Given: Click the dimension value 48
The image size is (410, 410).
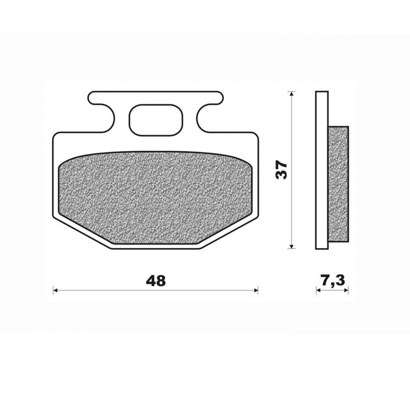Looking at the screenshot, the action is point(155,281).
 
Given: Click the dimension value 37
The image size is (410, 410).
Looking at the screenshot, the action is point(281,170).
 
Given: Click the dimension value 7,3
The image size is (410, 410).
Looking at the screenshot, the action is point(333,281).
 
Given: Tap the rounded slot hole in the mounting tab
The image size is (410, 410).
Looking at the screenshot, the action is point(156,120).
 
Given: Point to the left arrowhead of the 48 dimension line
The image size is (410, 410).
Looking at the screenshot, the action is point(55,290).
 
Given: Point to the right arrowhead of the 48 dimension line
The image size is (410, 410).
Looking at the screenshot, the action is point(256,290).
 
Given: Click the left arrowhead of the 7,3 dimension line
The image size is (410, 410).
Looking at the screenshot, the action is point(318,290).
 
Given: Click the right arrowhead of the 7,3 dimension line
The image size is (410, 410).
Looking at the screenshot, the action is point(346,290).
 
